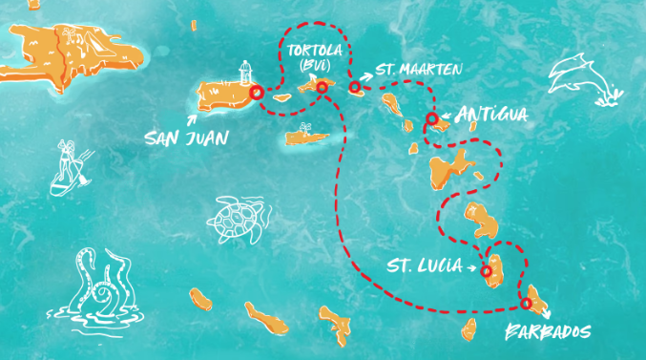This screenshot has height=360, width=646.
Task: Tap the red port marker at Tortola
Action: tap(322, 87)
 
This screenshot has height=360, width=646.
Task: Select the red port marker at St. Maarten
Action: tap(354, 88)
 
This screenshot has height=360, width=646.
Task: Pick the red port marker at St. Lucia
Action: tap(487, 271)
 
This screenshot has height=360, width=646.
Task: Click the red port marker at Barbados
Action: tap(526, 304)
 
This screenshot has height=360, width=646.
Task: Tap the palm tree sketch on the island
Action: tap(305, 129)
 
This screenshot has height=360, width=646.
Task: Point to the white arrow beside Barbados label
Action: tap(545, 313)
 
